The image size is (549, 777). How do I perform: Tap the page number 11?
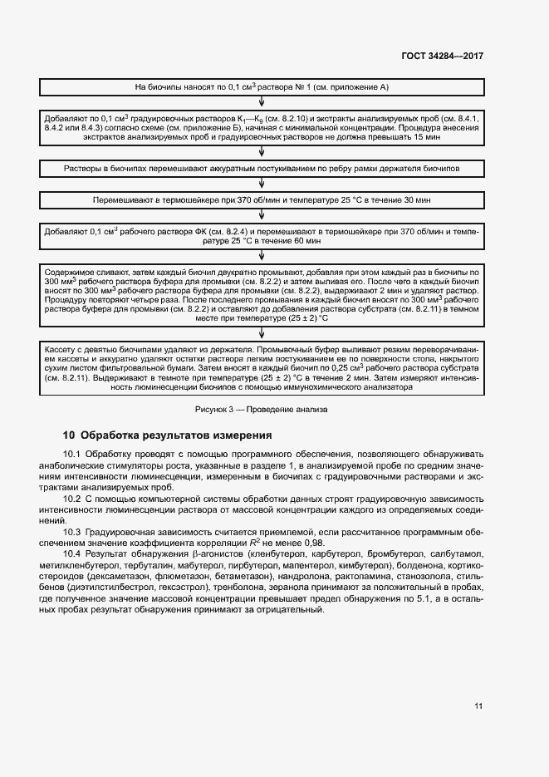point(478,706)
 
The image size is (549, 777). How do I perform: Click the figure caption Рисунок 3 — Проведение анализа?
point(262,409)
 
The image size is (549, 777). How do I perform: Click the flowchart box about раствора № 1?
point(262,86)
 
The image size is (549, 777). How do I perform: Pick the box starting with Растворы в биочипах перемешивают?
point(262,169)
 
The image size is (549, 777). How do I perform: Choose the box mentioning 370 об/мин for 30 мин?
point(262,201)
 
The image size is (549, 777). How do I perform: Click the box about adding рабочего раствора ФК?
point(262,234)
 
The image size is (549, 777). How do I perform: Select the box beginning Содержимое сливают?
point(262,295)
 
